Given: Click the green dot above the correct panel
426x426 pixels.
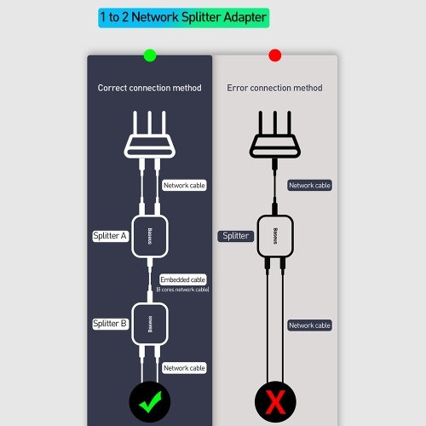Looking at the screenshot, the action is (150, 55).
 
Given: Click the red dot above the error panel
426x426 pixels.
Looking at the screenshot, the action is (275, 55).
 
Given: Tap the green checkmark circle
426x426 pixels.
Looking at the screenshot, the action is (150, 402).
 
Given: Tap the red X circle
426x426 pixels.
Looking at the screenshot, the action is (275, 402).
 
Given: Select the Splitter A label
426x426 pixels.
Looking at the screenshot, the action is (110, 236).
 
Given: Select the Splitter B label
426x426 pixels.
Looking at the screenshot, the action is (110, 324).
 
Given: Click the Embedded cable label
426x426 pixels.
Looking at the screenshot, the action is (183, 279).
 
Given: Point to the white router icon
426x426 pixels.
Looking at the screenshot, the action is (150, 135).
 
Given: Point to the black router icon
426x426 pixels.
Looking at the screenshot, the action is (275, 135).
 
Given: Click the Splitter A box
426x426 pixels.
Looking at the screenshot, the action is (150, 236).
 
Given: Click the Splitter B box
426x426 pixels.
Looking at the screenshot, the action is (150, 324).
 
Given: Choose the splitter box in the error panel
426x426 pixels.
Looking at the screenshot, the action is (275, 236).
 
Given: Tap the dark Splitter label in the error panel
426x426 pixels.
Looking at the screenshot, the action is (236, 236).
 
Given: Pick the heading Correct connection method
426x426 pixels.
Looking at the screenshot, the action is (150, 88).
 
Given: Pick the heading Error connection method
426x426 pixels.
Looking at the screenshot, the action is (274, 88).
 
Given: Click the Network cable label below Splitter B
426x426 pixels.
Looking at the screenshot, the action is (184, 368).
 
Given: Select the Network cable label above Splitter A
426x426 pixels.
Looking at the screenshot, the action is (184, 185).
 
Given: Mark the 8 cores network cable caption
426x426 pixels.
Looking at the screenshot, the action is (182, 290).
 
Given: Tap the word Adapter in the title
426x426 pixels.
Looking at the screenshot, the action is (245, 18).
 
